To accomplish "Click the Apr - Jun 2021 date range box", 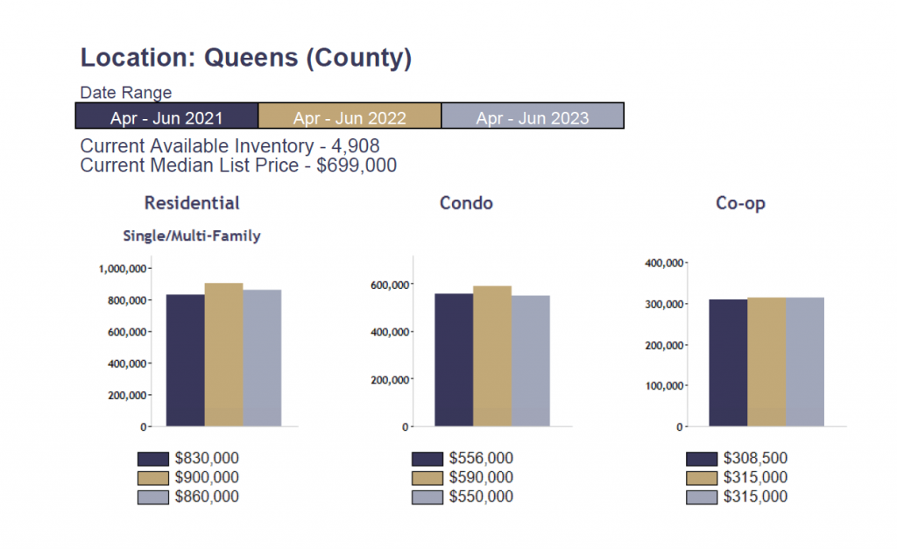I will coord(166,116).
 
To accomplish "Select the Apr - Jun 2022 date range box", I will coord(350,116).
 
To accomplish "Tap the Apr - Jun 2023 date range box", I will coord(533,116).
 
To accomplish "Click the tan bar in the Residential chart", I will coord(223,355).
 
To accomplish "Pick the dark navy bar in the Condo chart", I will coord(454,360).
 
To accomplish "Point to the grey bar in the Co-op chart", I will coord(805,362).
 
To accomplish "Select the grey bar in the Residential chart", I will coord(262,358).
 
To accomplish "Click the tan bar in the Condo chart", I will coord(492,356).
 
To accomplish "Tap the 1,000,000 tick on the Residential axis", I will coord(124,269).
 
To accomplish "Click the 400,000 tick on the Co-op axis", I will coord(663,263).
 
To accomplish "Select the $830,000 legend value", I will coord(207,458).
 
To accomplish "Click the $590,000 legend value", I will coord(481,477).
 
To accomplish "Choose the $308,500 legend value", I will coord(755,458).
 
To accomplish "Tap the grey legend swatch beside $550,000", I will coord(427,497).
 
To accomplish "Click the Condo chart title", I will coord(466,203).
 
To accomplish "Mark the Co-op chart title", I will coord(740,203).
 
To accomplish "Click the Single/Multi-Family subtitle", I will coord(192,236).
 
